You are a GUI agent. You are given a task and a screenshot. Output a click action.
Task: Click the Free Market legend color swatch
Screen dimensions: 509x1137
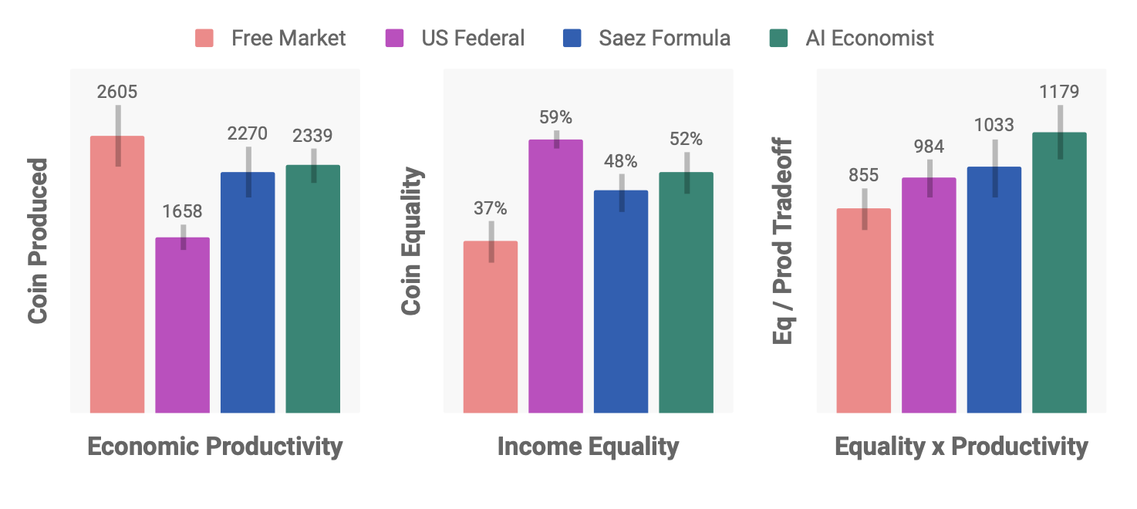204,38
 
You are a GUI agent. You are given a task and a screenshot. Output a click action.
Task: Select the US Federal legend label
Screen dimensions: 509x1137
473,38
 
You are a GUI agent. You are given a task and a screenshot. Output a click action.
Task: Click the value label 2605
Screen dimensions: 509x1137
117,92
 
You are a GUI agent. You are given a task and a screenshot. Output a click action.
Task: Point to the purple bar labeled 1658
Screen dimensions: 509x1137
183,325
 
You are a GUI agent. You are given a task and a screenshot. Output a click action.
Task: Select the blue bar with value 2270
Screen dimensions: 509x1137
248,292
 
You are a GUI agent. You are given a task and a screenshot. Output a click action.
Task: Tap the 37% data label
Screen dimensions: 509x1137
491,208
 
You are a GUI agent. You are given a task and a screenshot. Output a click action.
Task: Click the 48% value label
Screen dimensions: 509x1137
621,161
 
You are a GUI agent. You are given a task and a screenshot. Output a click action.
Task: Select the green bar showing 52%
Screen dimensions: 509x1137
686,292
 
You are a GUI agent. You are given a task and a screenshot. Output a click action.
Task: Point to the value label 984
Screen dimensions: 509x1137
929,147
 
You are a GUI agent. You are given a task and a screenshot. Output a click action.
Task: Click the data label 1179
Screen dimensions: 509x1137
1059,92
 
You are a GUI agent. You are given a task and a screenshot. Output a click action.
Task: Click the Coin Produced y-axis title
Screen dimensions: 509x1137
39,241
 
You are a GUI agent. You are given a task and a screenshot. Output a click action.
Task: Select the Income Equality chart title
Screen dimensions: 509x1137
588,447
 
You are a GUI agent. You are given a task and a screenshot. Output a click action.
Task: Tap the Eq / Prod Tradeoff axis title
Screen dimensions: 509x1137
783,241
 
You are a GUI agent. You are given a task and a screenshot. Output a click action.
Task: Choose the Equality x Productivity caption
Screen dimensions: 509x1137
961,447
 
